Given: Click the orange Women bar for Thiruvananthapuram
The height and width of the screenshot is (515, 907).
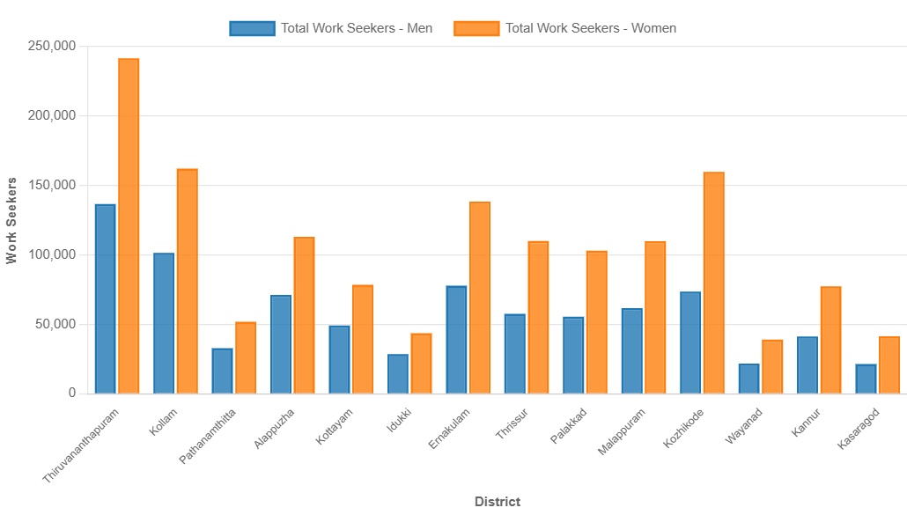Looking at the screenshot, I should pos(129,226).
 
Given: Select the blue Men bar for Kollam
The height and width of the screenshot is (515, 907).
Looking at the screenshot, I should pos(164,323).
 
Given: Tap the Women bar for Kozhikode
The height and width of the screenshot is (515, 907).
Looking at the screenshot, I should pos(713,283).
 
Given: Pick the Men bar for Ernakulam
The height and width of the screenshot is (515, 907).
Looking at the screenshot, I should pos(456,340).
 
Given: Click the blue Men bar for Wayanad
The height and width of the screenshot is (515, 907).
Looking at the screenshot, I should pos(748,379).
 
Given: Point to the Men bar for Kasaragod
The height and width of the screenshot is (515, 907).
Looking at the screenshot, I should pos(866,379).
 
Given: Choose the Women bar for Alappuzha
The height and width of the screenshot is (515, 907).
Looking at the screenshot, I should pos(304,315).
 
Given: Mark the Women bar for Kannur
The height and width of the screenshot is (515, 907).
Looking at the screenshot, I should pos(830,340).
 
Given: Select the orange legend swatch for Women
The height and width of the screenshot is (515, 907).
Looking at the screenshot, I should pos(476,28).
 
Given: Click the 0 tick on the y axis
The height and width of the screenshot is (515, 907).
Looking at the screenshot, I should pos(72,394).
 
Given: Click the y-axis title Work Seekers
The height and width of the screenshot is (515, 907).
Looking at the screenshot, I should pos(11,220).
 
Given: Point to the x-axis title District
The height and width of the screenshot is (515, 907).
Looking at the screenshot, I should pos(498,502).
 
